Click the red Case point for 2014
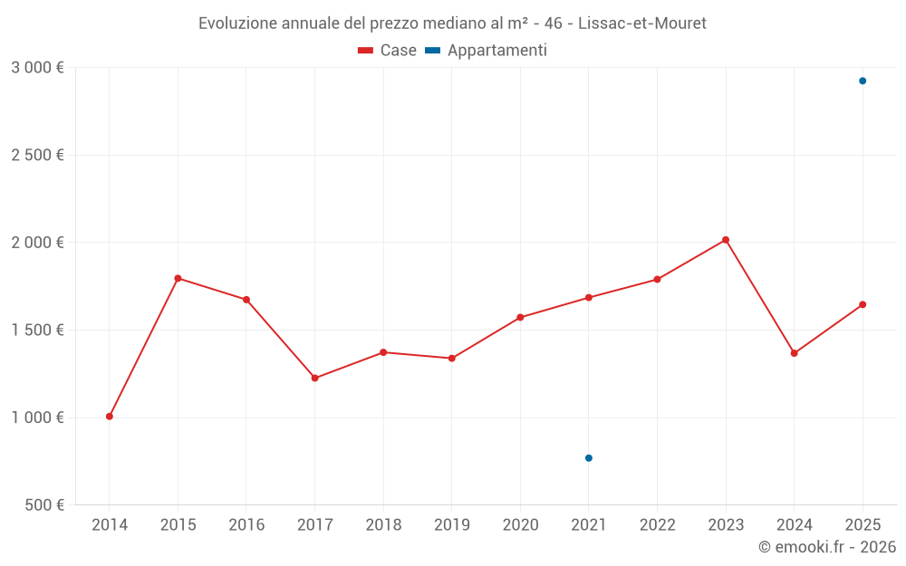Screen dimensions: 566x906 (110, 417)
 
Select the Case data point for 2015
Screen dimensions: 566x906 (178, 278)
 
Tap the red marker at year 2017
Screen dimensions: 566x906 (315, 378)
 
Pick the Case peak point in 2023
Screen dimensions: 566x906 (726, 240)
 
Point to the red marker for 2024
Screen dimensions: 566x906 (795, 353)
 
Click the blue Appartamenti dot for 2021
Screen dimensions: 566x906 (589, 458)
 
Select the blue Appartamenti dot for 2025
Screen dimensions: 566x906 (863, 81)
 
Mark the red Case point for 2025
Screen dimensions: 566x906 (863, 304)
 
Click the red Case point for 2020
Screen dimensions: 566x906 (520, 317)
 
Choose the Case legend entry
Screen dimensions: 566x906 (388, 51)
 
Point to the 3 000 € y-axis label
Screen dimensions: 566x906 (37, 68)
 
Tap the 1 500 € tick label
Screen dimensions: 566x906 (37, 331)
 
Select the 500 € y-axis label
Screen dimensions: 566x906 (43, 505)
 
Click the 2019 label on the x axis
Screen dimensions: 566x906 (452, 525)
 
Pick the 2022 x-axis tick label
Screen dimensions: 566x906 (657, 525)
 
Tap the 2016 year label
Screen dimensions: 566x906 (246, 525)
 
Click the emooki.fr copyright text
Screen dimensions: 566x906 (826, 547)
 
